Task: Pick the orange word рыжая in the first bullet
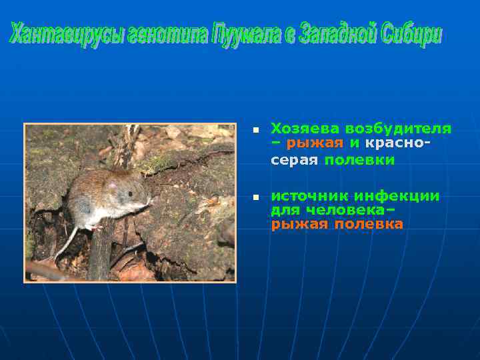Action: [x=315, y=143]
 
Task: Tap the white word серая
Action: [x=294, y=161]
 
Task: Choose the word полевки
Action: [x=360, y=161]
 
